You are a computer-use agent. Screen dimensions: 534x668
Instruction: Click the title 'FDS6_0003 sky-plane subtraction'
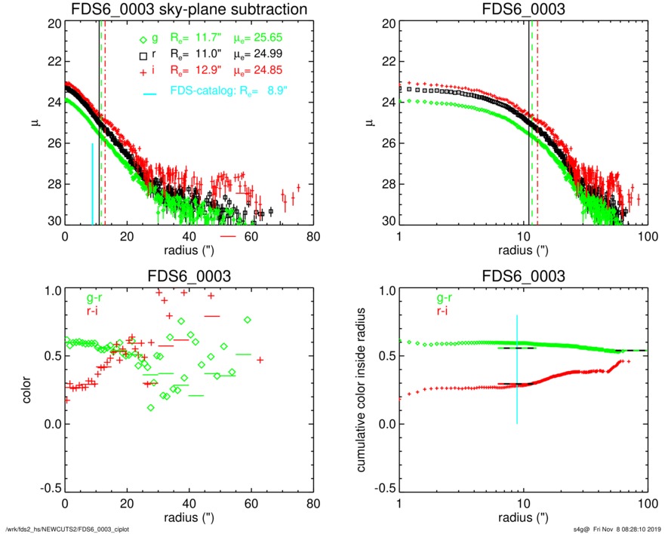click(187, 11)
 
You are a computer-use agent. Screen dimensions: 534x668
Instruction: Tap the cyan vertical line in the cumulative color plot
click(518, 370)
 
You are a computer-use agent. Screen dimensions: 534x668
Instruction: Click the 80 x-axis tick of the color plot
click(313, 504)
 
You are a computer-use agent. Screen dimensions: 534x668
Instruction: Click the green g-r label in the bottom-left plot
click(95, 296)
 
